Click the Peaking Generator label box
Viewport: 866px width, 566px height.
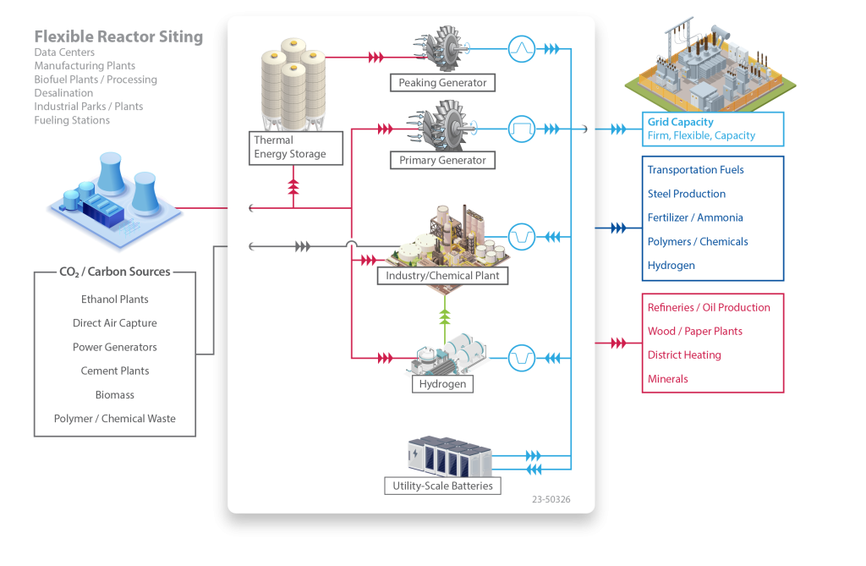tap(442, 83)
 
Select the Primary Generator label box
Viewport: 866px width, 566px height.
tap(442, 160)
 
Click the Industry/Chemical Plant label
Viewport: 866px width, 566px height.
tap(442, 276)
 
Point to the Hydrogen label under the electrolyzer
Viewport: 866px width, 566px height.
tap(442, 384)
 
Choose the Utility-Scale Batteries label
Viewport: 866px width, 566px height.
tap(442, 486)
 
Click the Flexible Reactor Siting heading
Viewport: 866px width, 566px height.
tap(118, 36)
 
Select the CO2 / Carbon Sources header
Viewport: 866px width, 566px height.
tap(114, 272)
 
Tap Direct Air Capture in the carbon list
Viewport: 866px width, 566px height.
tap(114, 323)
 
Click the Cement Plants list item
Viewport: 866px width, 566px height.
tap(114, 371)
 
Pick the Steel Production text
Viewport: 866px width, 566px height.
tap(686, 194)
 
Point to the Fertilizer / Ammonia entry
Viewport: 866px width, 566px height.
tap(695, 217)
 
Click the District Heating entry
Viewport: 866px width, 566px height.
tap(684, 355)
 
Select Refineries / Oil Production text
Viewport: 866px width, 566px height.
tap(709, 307)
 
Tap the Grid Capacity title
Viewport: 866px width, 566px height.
tap(680, 122)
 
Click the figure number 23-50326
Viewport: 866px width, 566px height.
tap(551, 499)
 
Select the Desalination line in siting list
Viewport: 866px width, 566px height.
tap(63, 93)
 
